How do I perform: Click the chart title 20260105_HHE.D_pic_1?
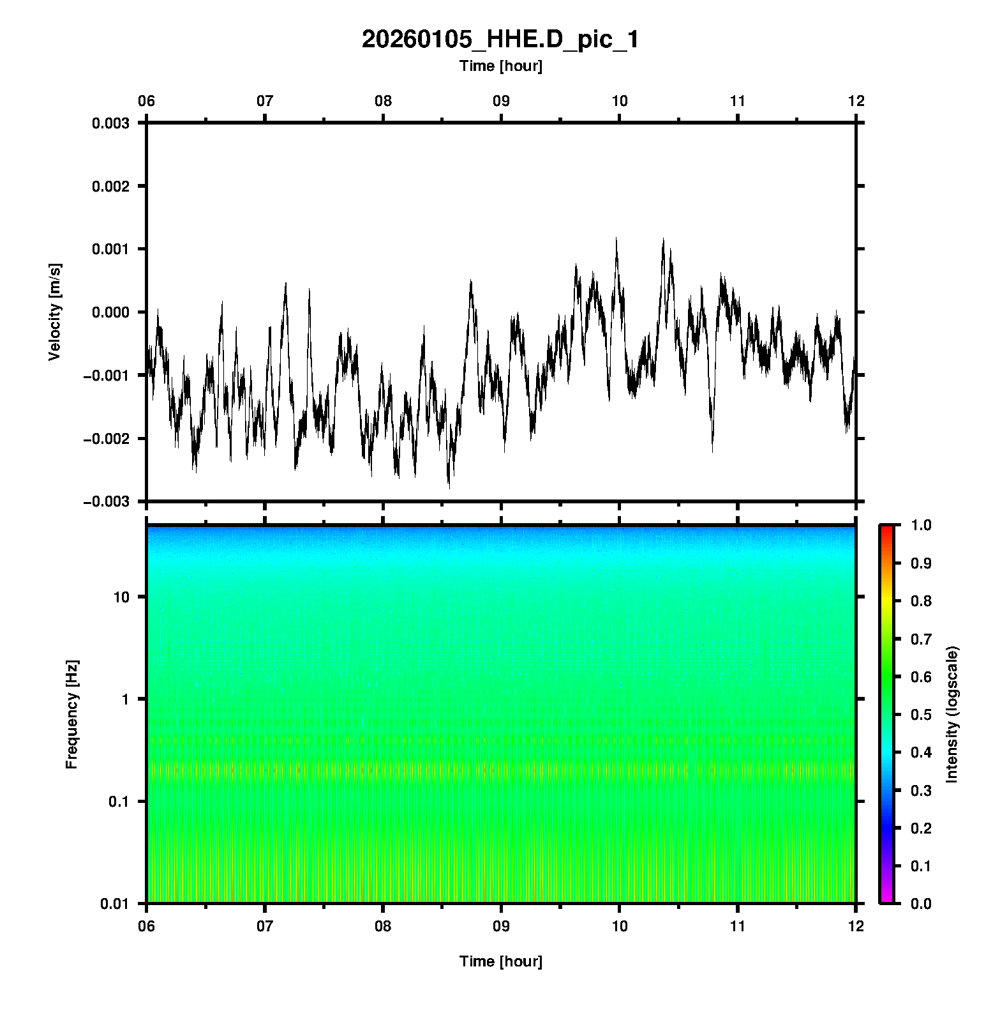pyautogui.click(x=500, y=40)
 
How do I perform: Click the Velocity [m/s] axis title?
pyautogui.click(x=55, y=312)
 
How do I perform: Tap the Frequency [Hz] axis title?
pyautogui.click(x=71, y=714)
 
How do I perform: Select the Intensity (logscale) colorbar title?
pyautogui.click(x=952, y=714)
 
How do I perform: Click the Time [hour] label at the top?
pyautogui.click(x=500, y=66)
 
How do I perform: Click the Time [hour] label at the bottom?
pyautogui.click(x=500, y=961)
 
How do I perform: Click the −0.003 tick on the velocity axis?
pyautogui.click(x=106, y=502)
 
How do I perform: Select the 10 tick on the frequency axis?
pyautogui.click(x=121, y=597)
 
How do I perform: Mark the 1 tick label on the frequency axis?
pyautogui.click(x=125, y=699)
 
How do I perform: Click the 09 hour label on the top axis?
pyautogui.click(x=501, y=101)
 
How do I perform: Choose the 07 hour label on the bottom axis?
pyautogui.click(x=265, y=926)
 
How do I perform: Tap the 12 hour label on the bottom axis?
pyautogui.click(x=856, y=926)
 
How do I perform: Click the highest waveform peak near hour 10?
pyautogui.click(x=616, y=238)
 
